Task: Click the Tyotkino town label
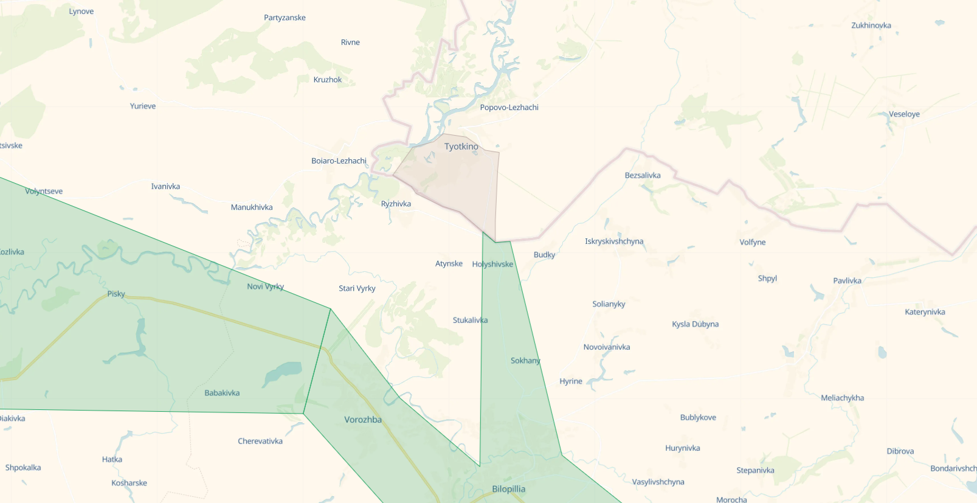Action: [x=461, y=147]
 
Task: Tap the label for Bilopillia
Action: [x=508, y=489]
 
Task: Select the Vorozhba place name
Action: [x=363, y=420]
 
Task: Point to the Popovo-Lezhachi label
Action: [x=509, y=108]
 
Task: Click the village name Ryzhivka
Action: [x=396, y=204]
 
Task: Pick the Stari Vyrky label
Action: [x=357, y=288]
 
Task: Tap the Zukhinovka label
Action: [x=871, y=26]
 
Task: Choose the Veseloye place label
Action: [x=904, y=114]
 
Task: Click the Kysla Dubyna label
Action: [x=695, y=324]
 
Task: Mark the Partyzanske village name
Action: [x=285, y=18]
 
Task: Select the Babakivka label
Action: [x=222, y=393]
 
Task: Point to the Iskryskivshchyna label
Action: [x=614, y=241]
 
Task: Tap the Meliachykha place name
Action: [x=842, y=398]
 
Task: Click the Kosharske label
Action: [x=129, y=483]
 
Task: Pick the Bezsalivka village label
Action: [x=643, y=175]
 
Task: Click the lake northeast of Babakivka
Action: [x=283, y=372]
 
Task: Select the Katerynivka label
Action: [x=925, y=312]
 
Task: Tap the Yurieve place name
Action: [x=143, y=106]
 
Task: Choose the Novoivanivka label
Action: [x=607, y=347]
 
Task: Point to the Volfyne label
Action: [x=752, y=242]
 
